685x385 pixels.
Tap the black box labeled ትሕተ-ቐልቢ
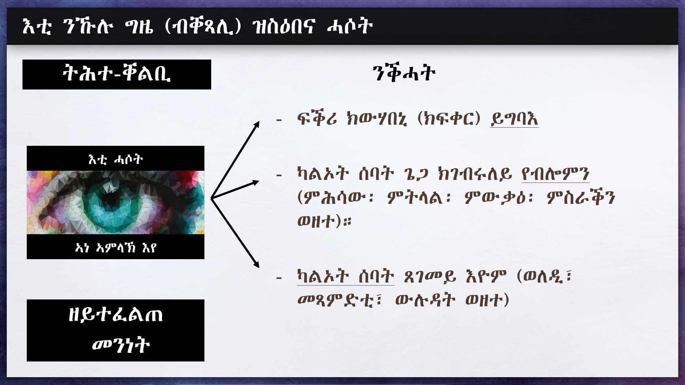pyautogui.click(x=117, y=74)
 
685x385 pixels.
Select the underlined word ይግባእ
pyautogui.click(x=514, y=119)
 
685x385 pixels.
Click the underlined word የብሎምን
pyautogui.click(x=555, y=174)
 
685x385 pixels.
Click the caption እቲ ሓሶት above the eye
pyautogui.click(x=116, y=159)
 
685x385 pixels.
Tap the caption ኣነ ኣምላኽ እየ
pyautogui.click(x=116, y=247)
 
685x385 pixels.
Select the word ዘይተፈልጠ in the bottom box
pyautogui.click(x=116, y=315)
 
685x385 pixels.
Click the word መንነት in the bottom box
pyautogui.click(x=121, y=345)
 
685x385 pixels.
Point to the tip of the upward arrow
pyautogui.click(x=259, y=122)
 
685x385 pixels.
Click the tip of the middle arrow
pyautogui.click(x=259, y=182)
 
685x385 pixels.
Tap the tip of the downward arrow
pyautogui.click(x=259, y=268)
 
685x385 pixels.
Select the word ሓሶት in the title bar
pyautogui.click(x=350, y=26)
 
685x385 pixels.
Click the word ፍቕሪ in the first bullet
pyautogui.click(x=317, y=118)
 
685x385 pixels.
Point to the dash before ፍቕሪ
pyautogui.click(x=279, y=120)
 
